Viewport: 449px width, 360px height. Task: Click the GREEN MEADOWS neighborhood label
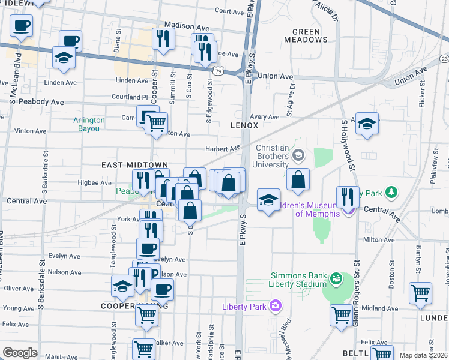tap(310, 35)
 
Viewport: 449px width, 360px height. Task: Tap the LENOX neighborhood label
tap(244, 125)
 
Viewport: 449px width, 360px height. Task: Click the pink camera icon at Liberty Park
tap(275, 306)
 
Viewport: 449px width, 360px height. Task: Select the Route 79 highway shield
tap(220, 71)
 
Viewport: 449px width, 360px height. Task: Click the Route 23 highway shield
tap(444, 58)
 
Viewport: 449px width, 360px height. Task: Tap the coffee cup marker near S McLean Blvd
tap(22, 26)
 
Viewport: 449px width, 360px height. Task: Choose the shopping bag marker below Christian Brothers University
tap(298, 179)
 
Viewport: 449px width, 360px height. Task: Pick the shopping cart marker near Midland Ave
tap(342, 314)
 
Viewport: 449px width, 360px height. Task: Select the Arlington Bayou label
tap(89, 124)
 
